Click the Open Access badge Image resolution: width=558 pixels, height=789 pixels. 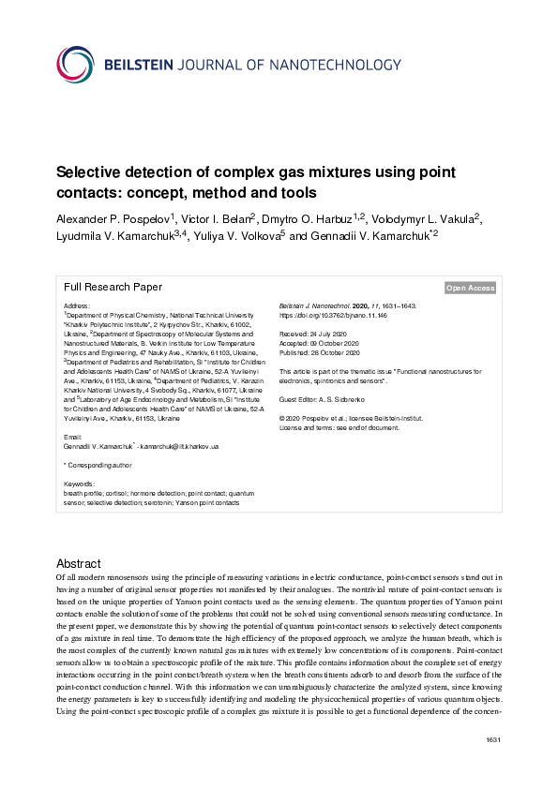(x=470, y=289)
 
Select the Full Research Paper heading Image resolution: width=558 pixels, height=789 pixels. (x=113, y=288)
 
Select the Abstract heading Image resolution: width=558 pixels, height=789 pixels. (x=79, y=564)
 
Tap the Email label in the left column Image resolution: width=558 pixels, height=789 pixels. (x=71, y=438)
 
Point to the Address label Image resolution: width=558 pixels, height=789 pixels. (x=76, y=306)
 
